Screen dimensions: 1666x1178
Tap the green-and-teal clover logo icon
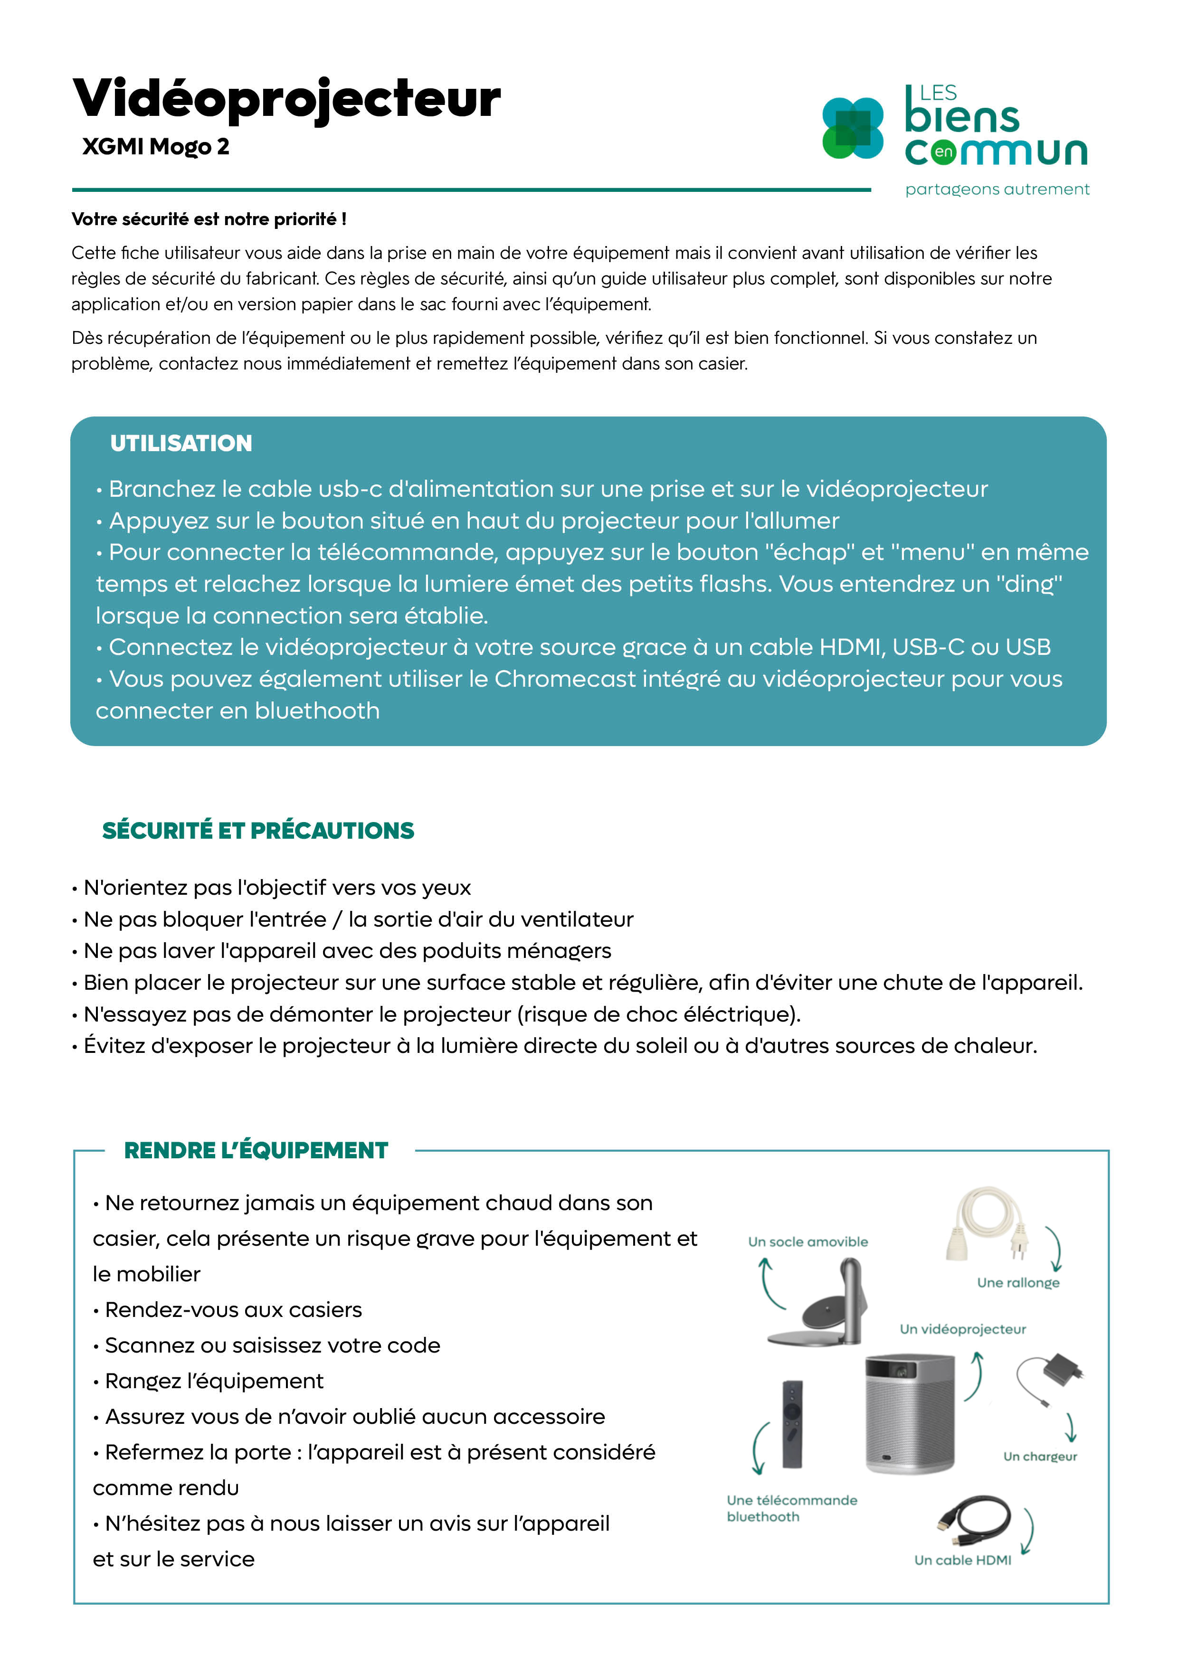tap(852, 128)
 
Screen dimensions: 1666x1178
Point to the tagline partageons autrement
tap(997, 189)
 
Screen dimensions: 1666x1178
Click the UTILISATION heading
tap(180, 444)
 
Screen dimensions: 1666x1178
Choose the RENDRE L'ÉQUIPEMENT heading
tap(256, 1150)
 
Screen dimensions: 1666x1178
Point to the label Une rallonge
tap(1017, 1283)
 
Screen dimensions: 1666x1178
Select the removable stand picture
tap(820, 1303)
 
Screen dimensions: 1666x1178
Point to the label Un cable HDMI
tap(962, 1560)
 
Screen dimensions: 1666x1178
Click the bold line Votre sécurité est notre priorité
tap(209, 219)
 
